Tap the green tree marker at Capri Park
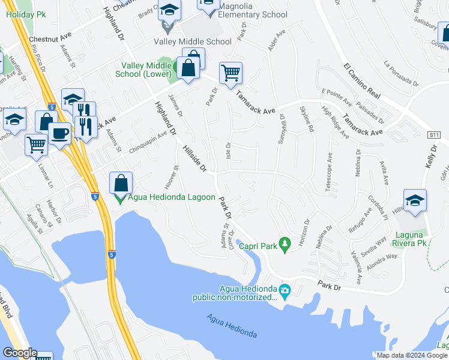(286, 243)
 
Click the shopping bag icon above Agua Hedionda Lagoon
(121, 182)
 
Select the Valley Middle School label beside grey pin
(192, 41)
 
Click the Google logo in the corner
(19, 353)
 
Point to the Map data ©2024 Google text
(412, 355)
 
